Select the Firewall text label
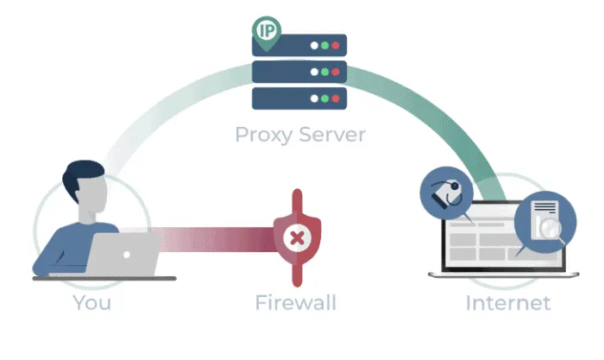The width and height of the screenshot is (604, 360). [295, 303]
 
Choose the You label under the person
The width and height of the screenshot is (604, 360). [91, 303]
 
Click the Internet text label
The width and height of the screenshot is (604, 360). [507, 303]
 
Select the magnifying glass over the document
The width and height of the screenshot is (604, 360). [549, 226]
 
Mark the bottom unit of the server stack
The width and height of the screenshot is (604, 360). [299, 98]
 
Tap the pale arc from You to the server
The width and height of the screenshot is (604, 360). [164, 121]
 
